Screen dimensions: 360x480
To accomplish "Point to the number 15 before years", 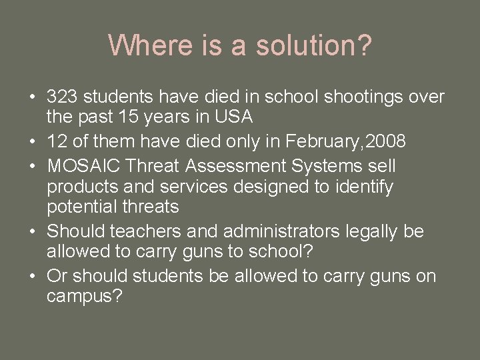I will (x=136, y=117).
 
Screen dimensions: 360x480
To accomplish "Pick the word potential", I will (x=80, y=207).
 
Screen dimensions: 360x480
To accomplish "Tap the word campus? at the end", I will (x=85, y=297).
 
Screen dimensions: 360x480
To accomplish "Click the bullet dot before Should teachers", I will (x=33, y=232).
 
